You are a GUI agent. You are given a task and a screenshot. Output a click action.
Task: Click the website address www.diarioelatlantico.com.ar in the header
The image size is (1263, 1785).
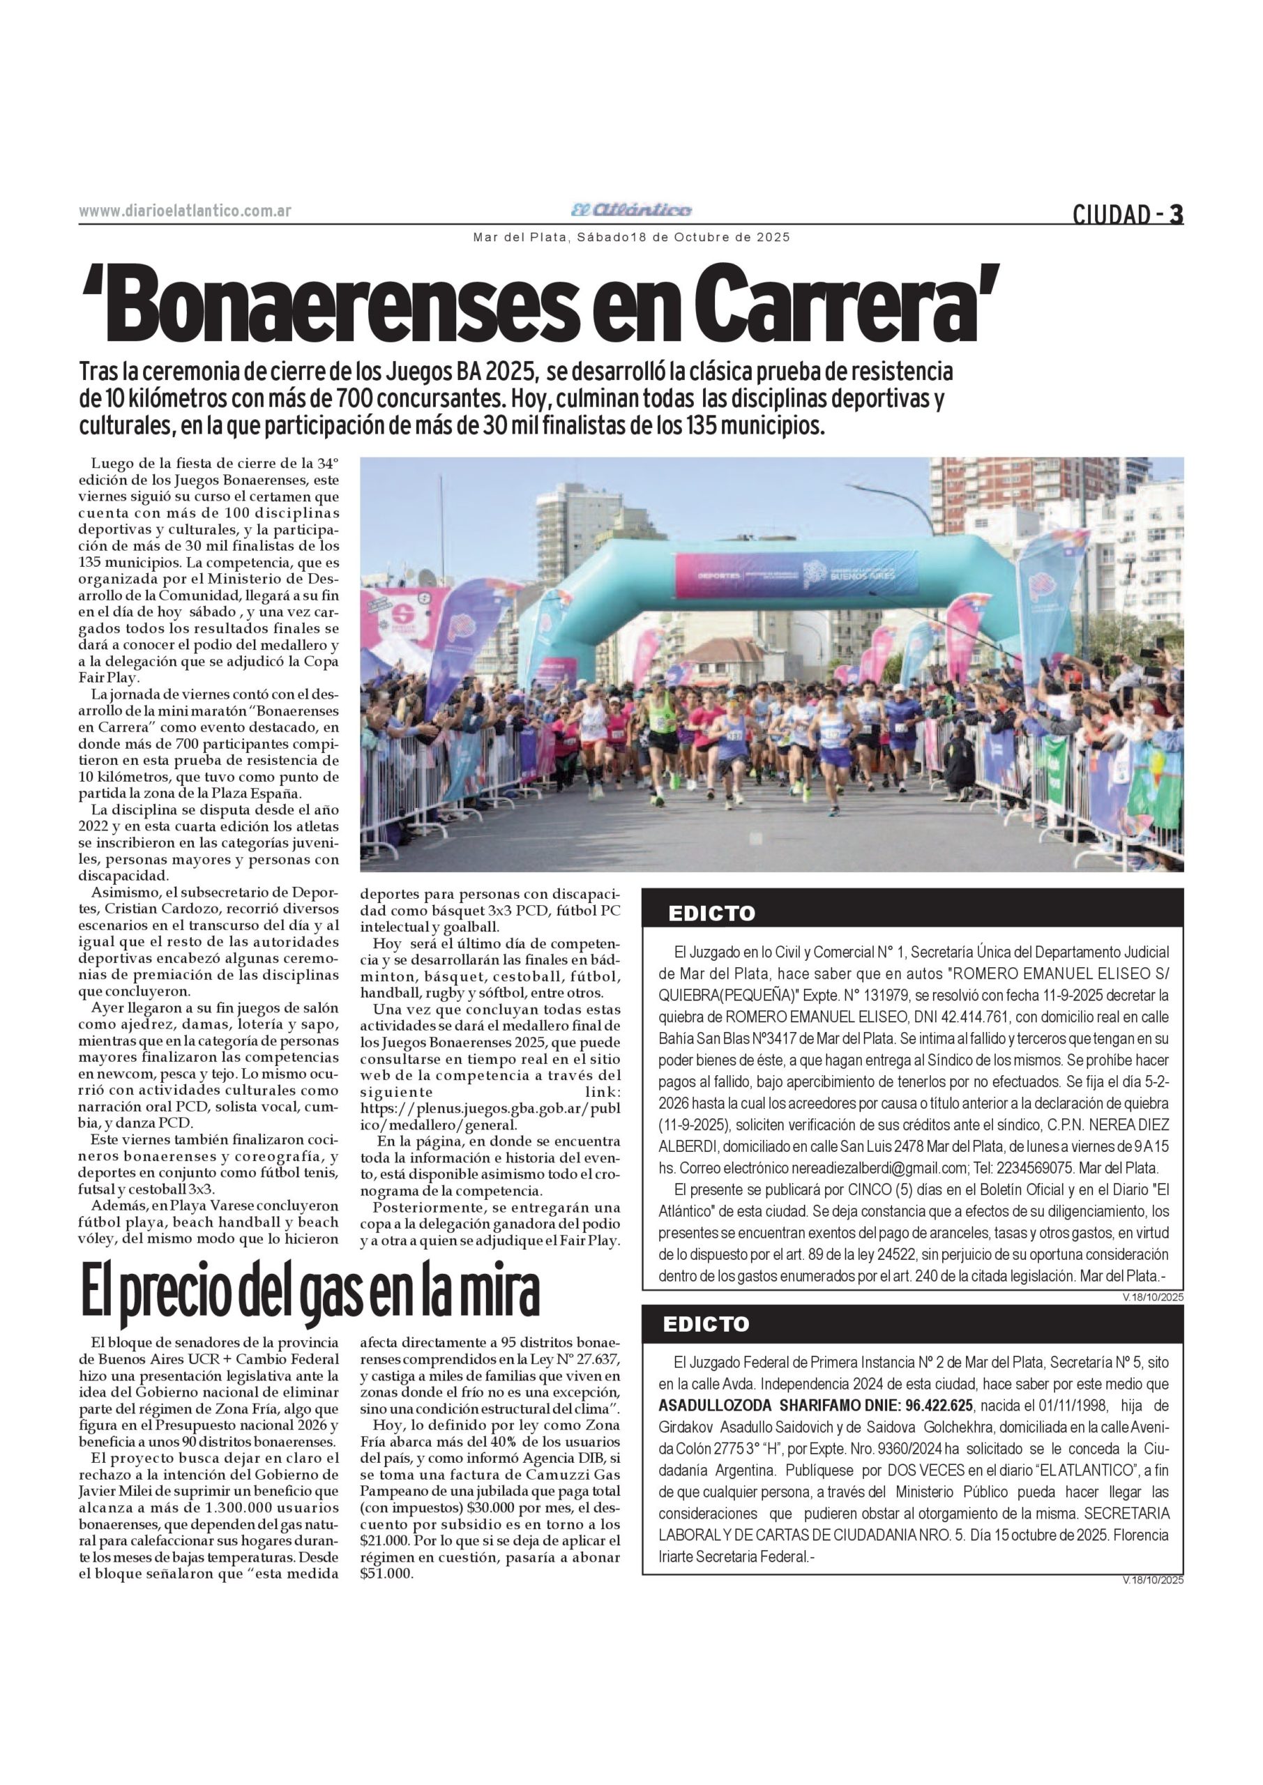pyautogui.click(x=185, y=211)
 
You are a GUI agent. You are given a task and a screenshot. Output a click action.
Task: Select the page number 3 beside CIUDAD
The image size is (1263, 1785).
pyautogui.click(x=1177, y=213)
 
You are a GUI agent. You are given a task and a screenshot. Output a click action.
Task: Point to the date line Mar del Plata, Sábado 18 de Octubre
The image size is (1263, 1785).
pyautogui.click(x=632, y=237)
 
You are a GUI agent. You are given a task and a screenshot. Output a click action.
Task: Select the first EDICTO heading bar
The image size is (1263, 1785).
pyautogui.click(x=912, y=913)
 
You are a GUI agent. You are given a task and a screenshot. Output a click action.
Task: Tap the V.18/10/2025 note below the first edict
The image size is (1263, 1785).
pyautogui.click(x=1153, y=1296)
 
